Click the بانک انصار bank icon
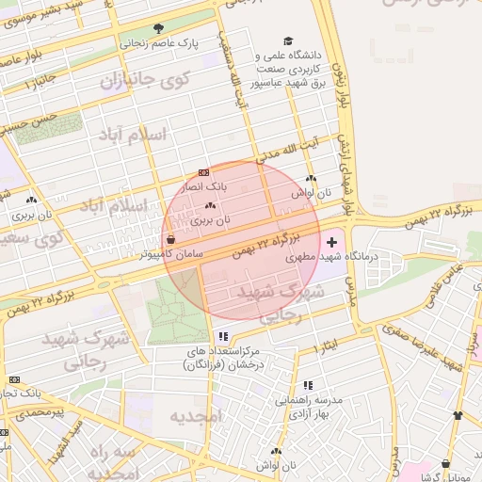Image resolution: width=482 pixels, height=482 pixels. [x=204, y=173]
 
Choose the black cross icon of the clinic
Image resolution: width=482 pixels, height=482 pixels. [x=329, y=243]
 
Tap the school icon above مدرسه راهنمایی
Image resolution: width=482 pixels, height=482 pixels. [x=302, y=383]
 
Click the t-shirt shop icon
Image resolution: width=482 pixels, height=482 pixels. [x=458, y=415]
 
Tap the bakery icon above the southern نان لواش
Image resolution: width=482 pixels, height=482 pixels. [x=275, y=451]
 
